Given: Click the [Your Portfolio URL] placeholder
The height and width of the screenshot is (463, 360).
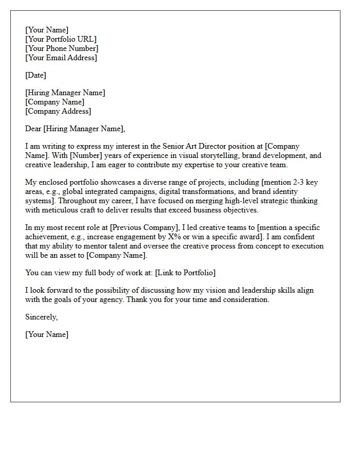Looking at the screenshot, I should click(x=61, y=39).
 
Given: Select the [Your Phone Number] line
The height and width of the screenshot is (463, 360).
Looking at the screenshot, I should click(x=62, y=48).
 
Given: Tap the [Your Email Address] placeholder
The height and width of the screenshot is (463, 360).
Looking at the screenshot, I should click(x=61, y=58).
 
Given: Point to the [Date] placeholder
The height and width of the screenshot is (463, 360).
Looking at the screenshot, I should click(x=35, y=75).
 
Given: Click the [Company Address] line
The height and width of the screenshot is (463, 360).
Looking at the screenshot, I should click(x=58, y=111).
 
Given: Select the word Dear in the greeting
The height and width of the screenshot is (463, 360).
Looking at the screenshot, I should click(x=33, y=129).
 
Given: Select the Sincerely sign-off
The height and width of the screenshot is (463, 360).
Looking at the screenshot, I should click(x=42, y=317).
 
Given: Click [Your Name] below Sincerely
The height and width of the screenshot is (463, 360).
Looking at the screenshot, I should click(x=47, y=334).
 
